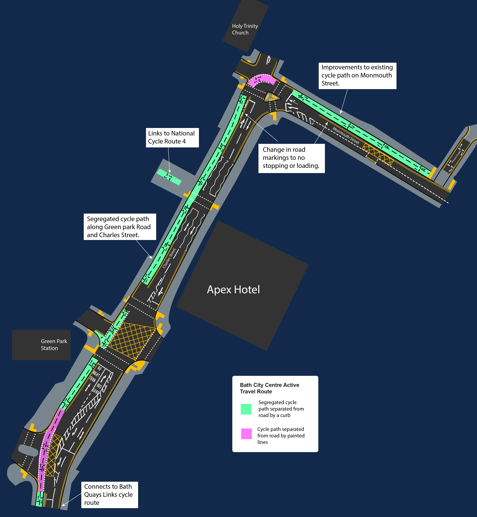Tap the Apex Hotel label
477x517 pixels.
233,290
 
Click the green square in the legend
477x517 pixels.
246,409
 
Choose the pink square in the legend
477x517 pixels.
246,434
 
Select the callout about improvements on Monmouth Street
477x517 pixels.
357,75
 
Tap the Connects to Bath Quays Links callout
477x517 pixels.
109,495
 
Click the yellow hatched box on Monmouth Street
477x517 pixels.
378,154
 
